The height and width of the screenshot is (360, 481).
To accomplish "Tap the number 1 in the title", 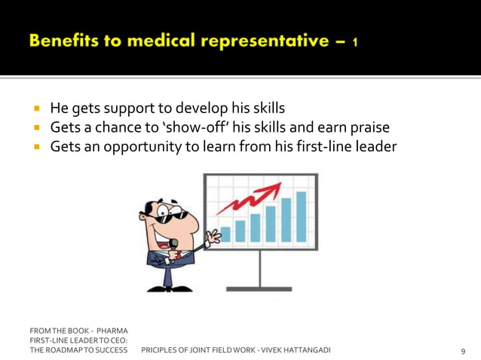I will point(354,42).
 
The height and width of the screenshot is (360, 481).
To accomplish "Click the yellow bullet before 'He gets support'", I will point(35,108).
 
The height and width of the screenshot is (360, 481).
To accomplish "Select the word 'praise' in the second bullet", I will point(367,127).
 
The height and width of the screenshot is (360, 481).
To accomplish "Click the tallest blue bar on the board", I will point(301,216).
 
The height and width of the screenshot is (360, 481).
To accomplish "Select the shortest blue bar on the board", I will point(225,234).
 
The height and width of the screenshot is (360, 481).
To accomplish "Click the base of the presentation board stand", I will point(259,288).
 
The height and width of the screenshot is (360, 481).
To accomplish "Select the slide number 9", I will point(462,351).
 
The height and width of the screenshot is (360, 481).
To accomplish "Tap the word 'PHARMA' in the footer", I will point(112,331).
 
